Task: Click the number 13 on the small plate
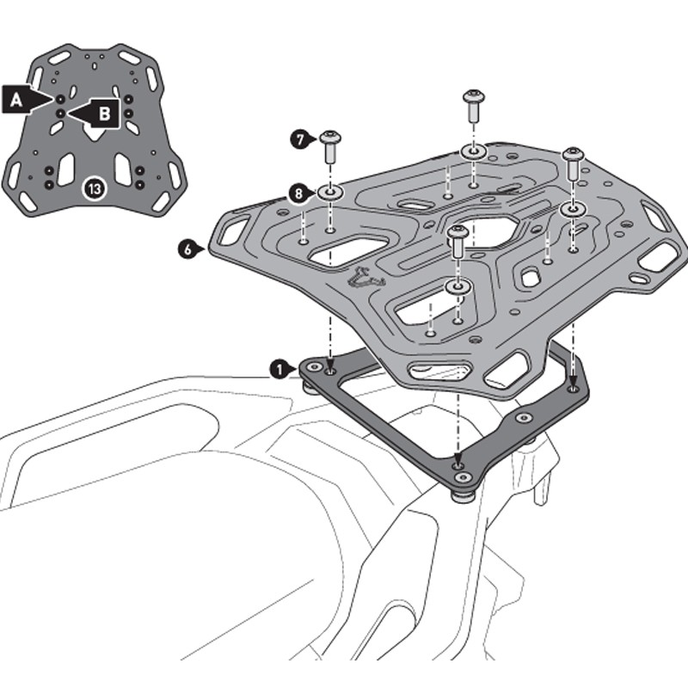(x=93, y=187)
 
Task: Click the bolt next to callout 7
(x=330, y=147)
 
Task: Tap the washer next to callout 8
(x=331, y=191)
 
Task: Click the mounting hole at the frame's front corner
(x=462, y=476)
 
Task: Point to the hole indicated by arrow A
(x=60, y=99)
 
